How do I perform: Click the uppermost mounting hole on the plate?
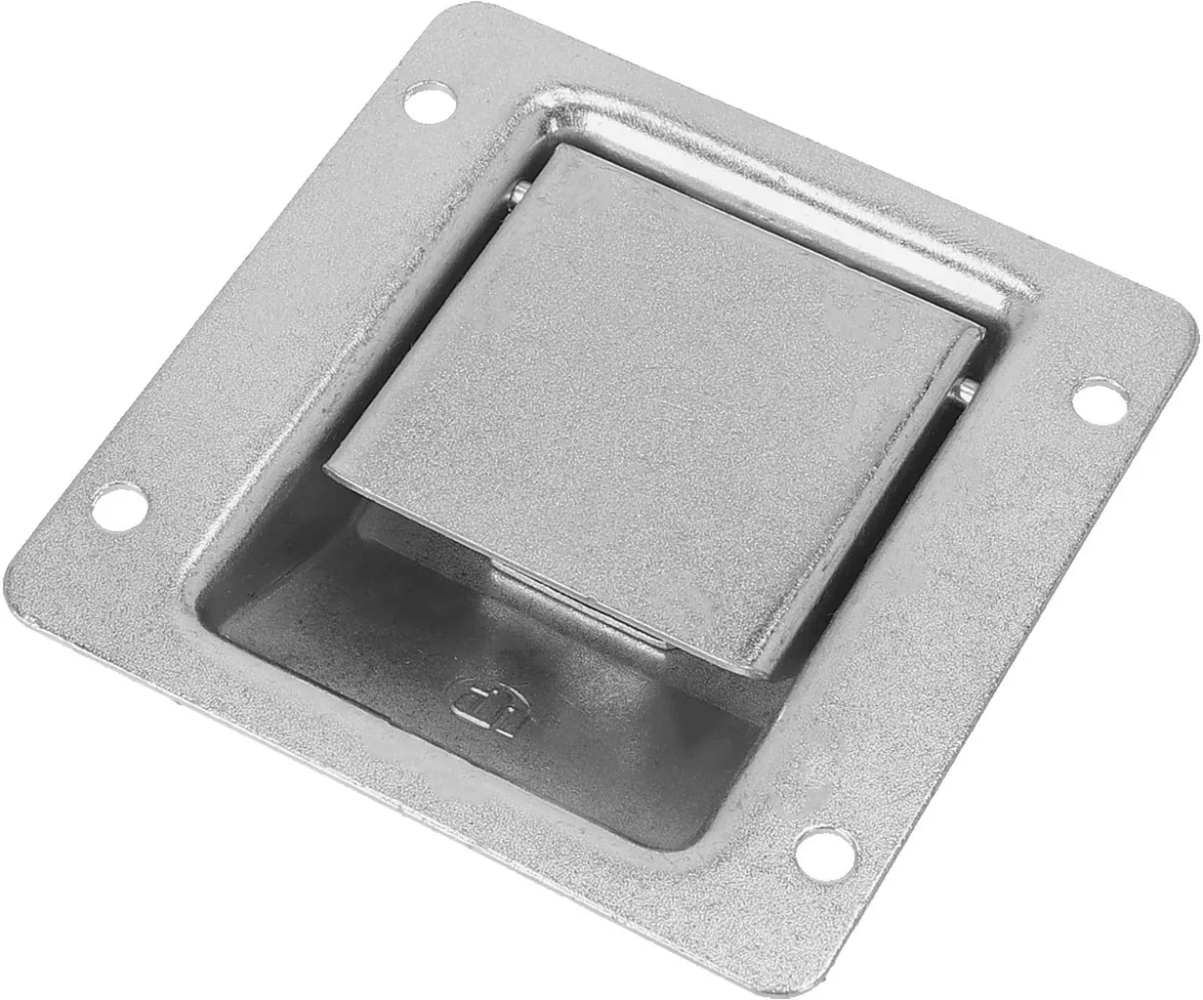pos(429,102)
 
